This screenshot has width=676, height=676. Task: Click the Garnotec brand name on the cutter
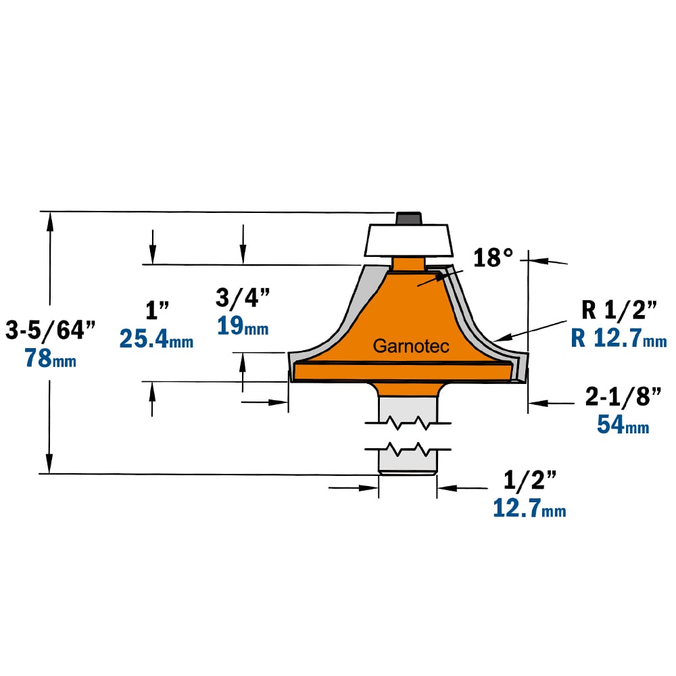pos(411,345)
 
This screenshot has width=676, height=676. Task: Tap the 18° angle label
pos(493,258)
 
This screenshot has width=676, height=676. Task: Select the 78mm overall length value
pos(51,358)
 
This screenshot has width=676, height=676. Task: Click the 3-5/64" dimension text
pos(50,331)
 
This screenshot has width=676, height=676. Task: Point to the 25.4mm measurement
pos(157,339)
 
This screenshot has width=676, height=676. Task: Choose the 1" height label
pos(157,310)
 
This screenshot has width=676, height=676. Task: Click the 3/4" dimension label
pos(243,297)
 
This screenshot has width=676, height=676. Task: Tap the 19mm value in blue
pos(243,326)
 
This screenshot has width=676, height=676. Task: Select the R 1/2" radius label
pos(619,310)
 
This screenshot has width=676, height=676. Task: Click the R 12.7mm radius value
pos(619,337)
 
